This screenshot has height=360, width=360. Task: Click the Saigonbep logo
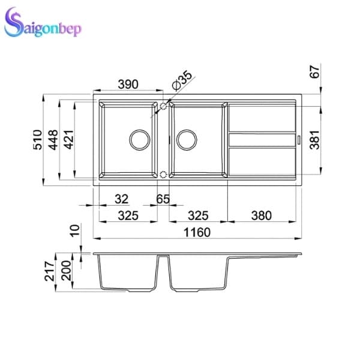point(43,23)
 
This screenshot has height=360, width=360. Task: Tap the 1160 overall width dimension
point(197,232)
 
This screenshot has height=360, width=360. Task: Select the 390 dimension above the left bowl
point(128,84)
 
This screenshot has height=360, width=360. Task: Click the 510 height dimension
point(38,140)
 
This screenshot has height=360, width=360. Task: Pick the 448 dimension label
point(53,140)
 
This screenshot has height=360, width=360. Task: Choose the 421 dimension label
point(69,140)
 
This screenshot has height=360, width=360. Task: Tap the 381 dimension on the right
point(314,140)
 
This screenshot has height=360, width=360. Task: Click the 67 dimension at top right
point(314,71)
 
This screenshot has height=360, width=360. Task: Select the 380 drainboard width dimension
point(262,215)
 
